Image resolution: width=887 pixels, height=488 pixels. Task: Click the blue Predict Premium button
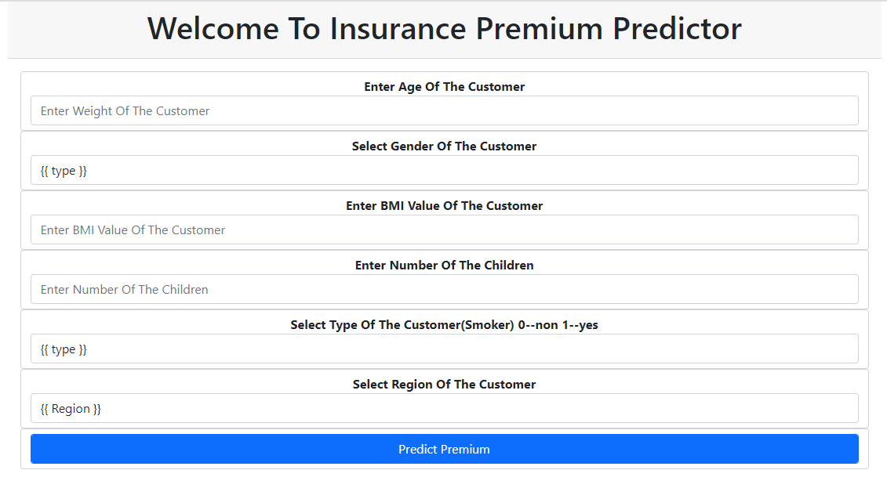tap(444, 449)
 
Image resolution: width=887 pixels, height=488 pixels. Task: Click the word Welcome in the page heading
tap(213, 29)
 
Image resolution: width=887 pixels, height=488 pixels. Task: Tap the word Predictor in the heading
tap(677, 29)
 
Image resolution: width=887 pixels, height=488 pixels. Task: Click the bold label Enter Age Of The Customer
tap(444, 87)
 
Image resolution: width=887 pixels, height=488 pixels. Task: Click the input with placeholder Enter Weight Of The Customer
tap(444, 111)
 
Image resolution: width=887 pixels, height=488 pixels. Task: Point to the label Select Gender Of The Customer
tap(444, 146)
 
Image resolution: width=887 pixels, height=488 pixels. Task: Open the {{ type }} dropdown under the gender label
tap(444, 171)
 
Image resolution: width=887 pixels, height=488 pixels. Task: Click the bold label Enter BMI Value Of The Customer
tap(444, 206)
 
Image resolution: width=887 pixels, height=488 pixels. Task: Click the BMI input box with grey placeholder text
tap(444, 230)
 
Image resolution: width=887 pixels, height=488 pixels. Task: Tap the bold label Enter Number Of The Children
tap(444, 266)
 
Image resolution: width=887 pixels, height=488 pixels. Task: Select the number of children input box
tap(444, 290)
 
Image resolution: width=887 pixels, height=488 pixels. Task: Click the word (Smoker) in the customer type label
tap(489, 325)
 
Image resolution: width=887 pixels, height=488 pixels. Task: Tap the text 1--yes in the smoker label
tap(580, 325)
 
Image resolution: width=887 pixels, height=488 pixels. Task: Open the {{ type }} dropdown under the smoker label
tap(444, 349)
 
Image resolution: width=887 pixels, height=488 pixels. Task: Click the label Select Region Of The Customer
tap(444, 385)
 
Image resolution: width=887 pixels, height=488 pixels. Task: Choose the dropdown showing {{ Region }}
tap(444, 409)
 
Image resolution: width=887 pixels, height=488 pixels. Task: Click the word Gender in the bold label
tap(412, 146)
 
